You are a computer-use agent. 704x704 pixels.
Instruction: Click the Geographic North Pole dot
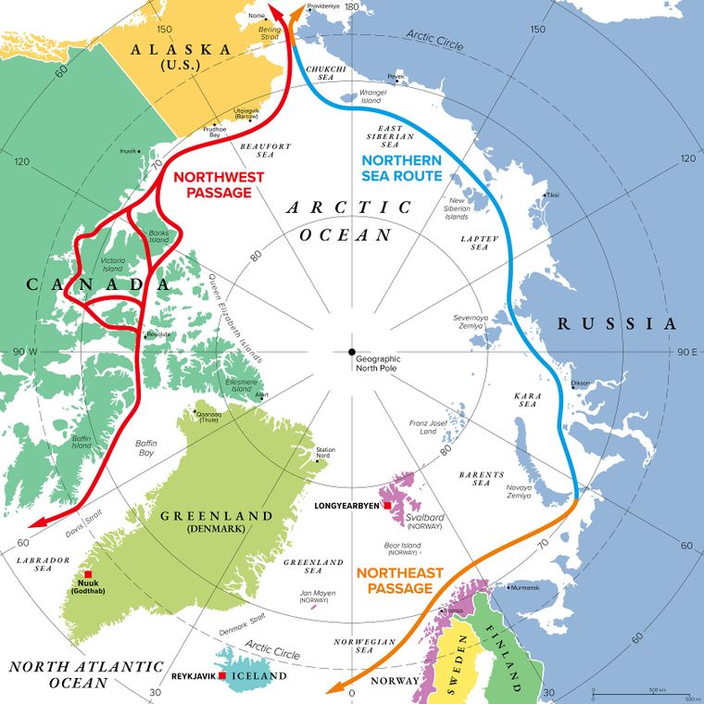pos(351,352)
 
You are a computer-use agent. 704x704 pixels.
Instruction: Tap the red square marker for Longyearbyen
pos(387,507)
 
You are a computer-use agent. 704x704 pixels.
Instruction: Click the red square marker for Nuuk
pos(87,573)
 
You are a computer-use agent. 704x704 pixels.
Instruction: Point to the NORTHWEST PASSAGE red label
pos(212,183)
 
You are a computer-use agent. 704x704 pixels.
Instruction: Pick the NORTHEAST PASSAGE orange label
pos(400,581)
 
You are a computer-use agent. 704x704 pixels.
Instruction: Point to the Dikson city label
pos(580,382)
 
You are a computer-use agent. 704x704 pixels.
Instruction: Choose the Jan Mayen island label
pos(314,593)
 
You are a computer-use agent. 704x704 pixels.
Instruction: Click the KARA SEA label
pos(527,401)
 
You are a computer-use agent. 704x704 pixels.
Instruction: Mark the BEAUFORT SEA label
pos(266,150)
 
